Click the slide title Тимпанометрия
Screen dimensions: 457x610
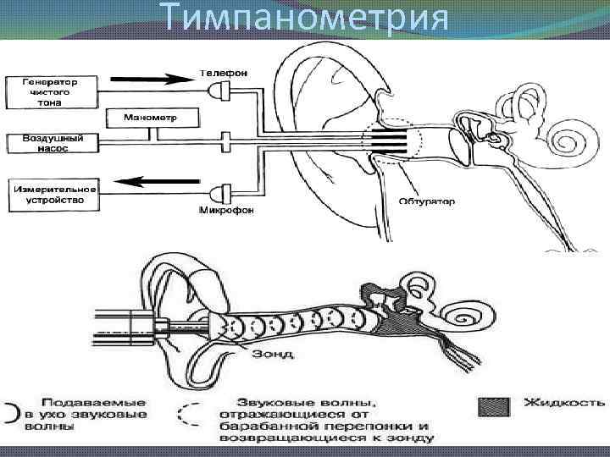click(305, 19)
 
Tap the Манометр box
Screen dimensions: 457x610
click(149, 116)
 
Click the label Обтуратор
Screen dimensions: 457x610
click(426, 201)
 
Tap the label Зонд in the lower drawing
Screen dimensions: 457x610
click(272, 354)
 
